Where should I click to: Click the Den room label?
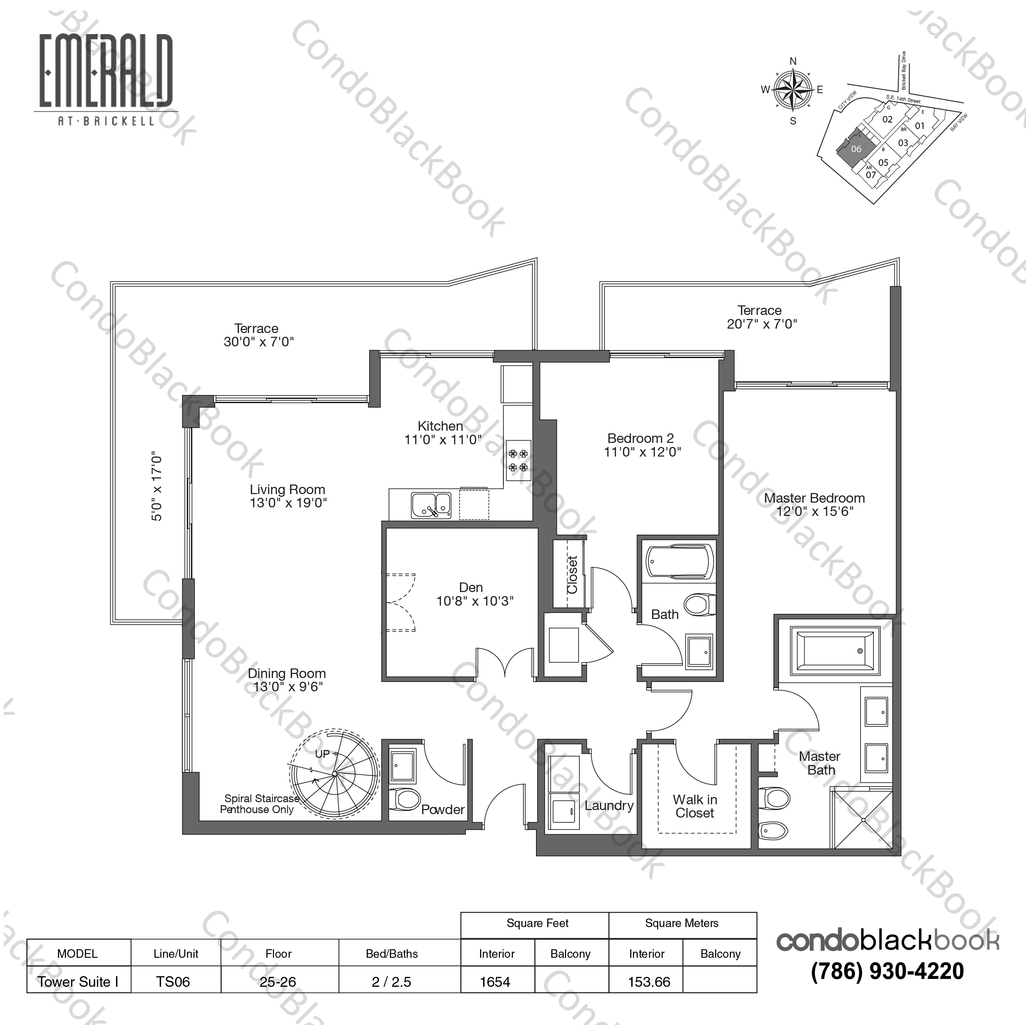[471, 587]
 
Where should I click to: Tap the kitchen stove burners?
[518, 460]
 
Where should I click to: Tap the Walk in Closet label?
[695, 806]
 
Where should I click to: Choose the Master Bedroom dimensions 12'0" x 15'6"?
[815, 511]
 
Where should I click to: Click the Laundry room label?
[609, 806]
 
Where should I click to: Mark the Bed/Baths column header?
[392, 953]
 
